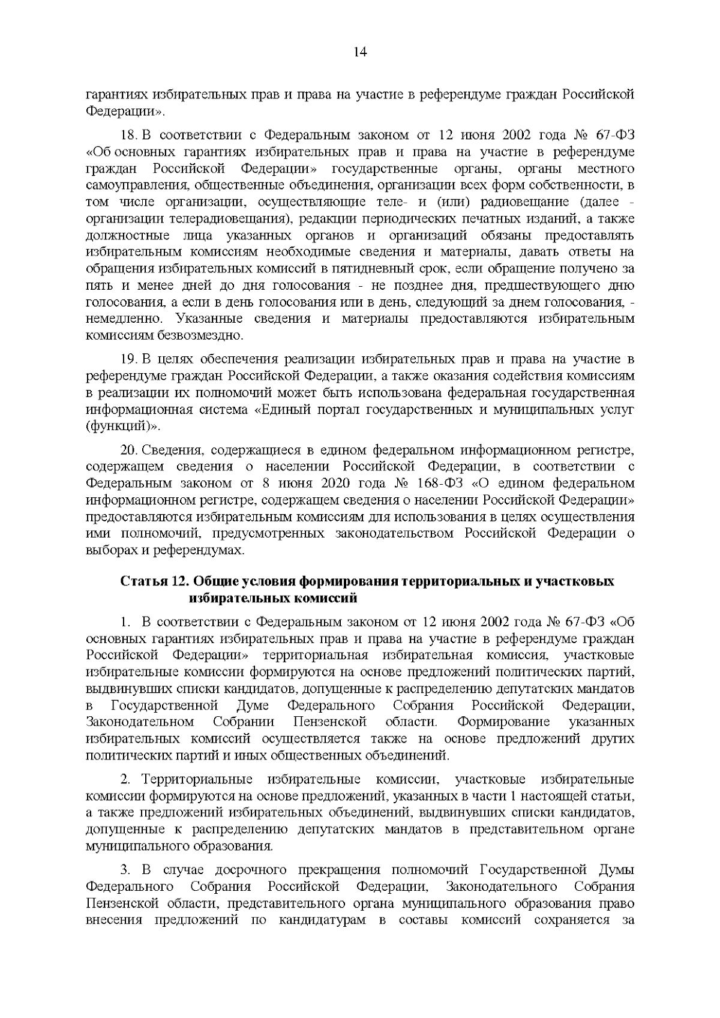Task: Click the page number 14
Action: tap(360, 52)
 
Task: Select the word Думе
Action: tap(253, 704)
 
